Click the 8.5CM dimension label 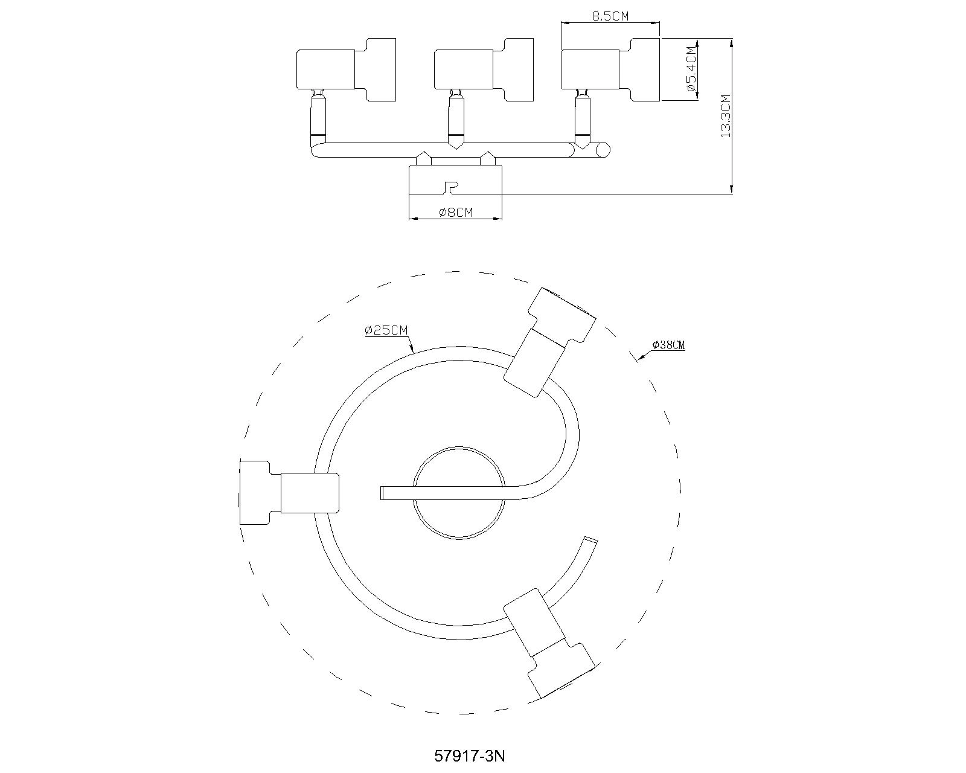610,16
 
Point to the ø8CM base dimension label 456,212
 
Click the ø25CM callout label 386,330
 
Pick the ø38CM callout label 668,345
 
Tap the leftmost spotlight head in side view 345,69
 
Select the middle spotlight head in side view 484,69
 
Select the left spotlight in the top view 289,492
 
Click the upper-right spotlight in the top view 549,341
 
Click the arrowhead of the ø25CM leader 412,351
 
